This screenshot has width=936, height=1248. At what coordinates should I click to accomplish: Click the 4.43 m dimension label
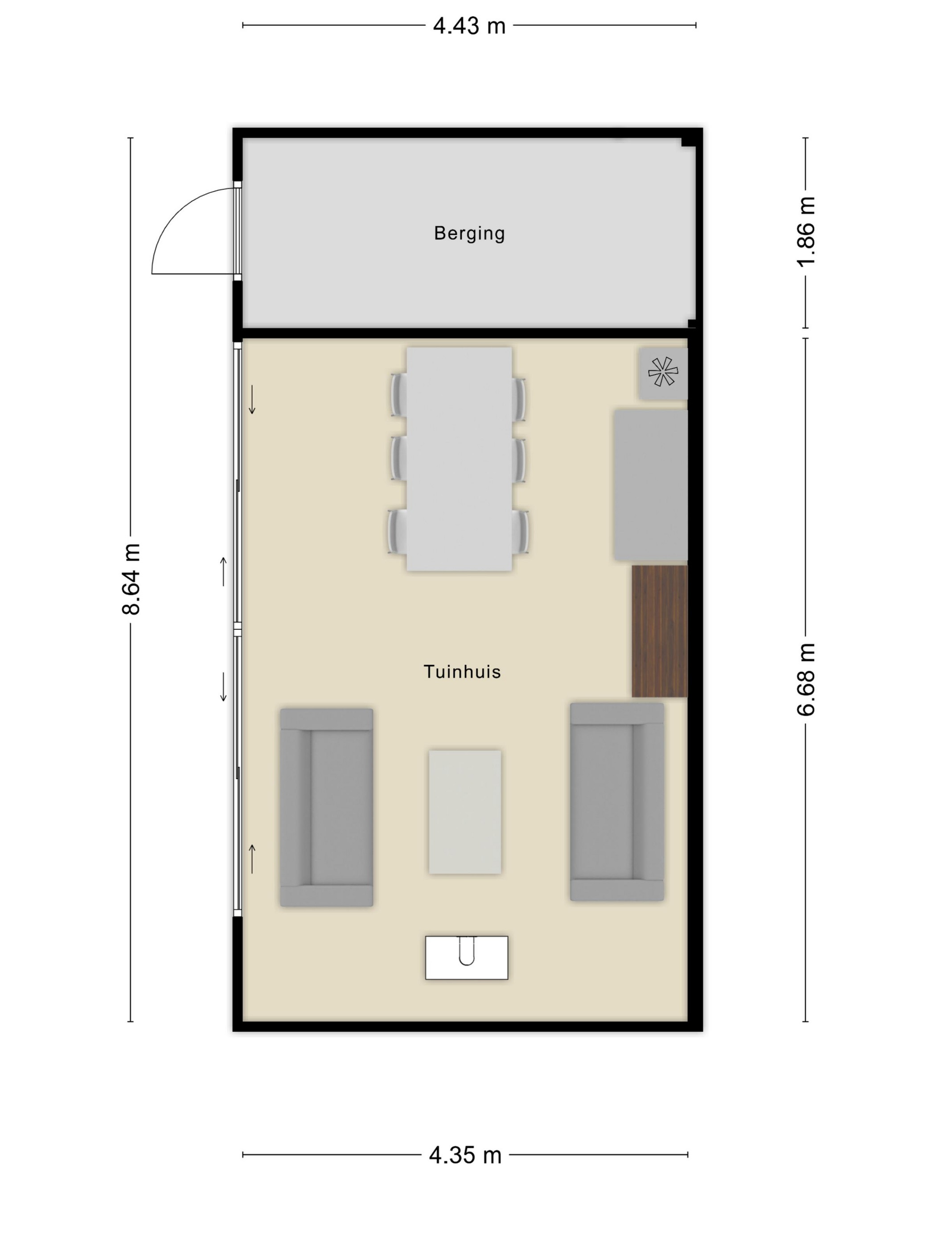pos(469,26)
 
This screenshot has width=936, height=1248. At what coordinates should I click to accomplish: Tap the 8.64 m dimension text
pos(131,579)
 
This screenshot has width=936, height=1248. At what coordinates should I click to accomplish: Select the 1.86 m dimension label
pos(806,231)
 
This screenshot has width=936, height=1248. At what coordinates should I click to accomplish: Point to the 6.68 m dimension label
pos(806,679)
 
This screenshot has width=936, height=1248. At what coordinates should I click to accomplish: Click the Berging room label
pos(469,234)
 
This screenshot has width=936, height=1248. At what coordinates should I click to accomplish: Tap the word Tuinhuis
pos(462,671)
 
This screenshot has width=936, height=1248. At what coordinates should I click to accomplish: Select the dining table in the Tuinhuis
pos(459,459)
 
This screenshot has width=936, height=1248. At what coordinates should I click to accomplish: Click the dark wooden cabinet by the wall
pos(660,631)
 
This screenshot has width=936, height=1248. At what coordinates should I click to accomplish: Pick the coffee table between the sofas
pos(465,812)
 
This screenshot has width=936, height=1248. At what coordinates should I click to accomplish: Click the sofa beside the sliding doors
pos(327,807)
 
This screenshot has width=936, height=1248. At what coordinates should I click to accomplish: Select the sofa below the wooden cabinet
pos(617,802)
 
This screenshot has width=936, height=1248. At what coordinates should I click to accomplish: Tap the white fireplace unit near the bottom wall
pos(467,957)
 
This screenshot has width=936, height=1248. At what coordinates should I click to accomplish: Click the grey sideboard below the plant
pos(651,484)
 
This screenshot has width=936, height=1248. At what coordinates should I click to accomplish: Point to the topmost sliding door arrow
pos(252,399)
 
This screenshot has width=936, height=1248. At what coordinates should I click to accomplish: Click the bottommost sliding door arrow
pos(252,859)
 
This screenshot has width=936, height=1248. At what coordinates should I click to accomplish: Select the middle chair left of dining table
pos(399,458)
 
